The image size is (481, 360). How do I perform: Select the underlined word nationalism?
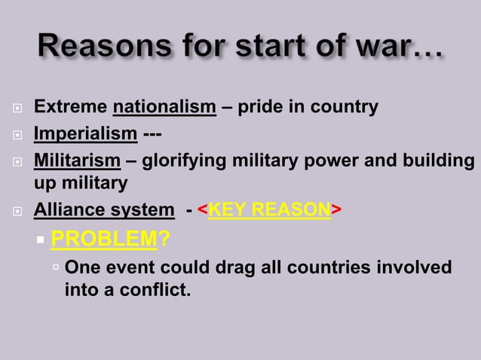[x=164, y=107]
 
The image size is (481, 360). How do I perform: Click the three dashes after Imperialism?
[x=151, y=135]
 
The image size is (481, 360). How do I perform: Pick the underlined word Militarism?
[x=77, y=162]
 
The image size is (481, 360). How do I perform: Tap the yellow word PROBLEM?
[x=103, y=240]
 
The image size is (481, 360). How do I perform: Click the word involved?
[x=415, y=268]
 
